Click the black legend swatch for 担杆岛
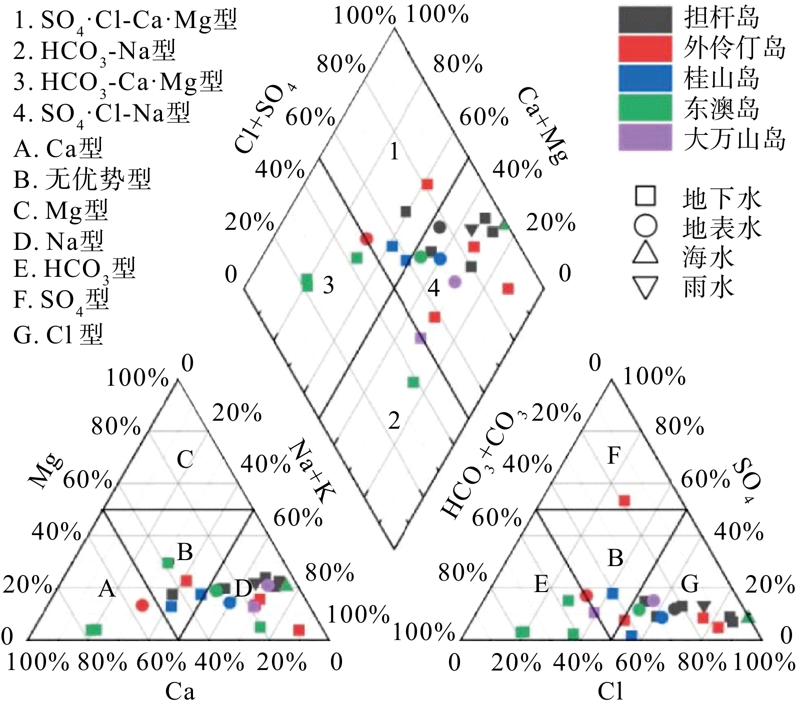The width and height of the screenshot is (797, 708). pyautogui.click(x=645, y=18)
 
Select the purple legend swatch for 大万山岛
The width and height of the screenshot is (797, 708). pyautogui.click(x=645, y=137)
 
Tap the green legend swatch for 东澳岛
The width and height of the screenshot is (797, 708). pyautogui.click(x=645, y=107)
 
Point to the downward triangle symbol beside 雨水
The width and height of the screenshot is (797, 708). pyautogui.click(x=645, y=287)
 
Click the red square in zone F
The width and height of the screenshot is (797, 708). pyautogui.click(x=624, y=500)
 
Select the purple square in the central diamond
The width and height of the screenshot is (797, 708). pyautogui.click(x=420, y=338)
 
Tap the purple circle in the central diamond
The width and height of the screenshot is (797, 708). pyautogui.click(x=454, y=282)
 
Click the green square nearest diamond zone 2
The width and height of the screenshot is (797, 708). pyautogui.click(x=413, y=382)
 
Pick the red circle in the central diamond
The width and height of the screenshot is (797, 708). pyautogui.click(x=366, y=239)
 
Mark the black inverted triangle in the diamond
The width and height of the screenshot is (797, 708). pyautogui.click(x=470, y=230)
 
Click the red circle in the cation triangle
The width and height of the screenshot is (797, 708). pyautogui.click(x=142, y=605)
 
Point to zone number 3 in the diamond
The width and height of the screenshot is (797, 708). pyautogui.click(x=328, y=285)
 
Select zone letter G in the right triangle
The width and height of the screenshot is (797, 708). pyautogui.click(x=690, y=584)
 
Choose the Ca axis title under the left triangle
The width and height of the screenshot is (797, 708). pyautogui.click(x=180, y=692)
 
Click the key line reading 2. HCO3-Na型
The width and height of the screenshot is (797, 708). pyautogui.click(x=94, y=51)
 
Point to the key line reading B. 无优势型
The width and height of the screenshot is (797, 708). pyautogui.click(x=82, y=179)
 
